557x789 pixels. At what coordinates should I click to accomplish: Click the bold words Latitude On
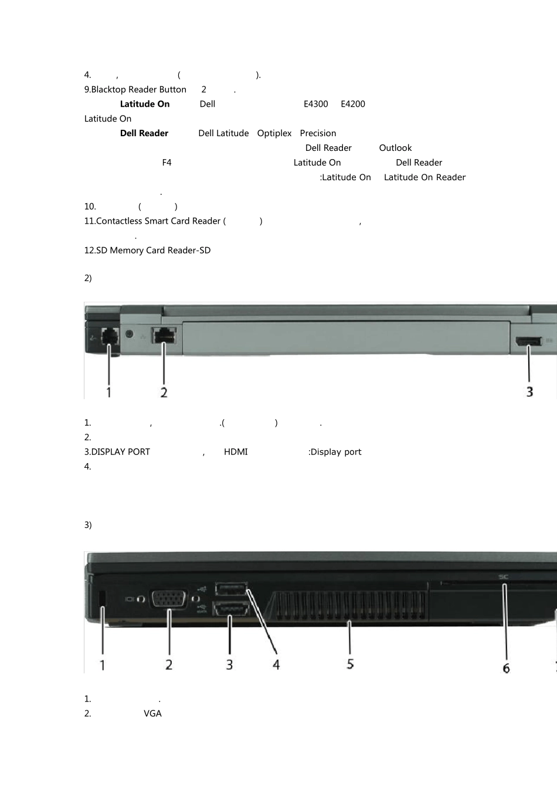point(145,104)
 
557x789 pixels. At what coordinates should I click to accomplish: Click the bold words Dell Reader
point(144,133)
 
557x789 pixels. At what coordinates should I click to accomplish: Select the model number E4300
point(315,104)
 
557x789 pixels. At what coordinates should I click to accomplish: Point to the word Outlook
point(395,148)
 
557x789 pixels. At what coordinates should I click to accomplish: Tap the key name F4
point(167,163)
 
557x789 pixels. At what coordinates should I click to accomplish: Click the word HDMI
point(236,452)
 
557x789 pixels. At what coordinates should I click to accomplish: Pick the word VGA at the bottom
point(152,714)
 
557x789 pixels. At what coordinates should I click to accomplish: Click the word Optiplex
point(274,133)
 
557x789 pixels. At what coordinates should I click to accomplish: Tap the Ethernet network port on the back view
point(164,335)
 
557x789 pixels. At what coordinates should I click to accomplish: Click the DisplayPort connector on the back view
point(528,341)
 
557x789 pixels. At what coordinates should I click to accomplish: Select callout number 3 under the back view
point(529,392)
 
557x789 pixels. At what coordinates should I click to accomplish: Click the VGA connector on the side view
point(168,599)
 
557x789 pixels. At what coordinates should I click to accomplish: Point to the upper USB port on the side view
point(231,589)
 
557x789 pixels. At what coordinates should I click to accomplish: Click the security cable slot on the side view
point(103,598)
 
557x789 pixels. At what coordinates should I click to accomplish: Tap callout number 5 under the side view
point(350,664)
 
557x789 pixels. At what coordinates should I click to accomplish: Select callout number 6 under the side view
point(506,668)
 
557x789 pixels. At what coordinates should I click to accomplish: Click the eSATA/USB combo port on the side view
point(231,609)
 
